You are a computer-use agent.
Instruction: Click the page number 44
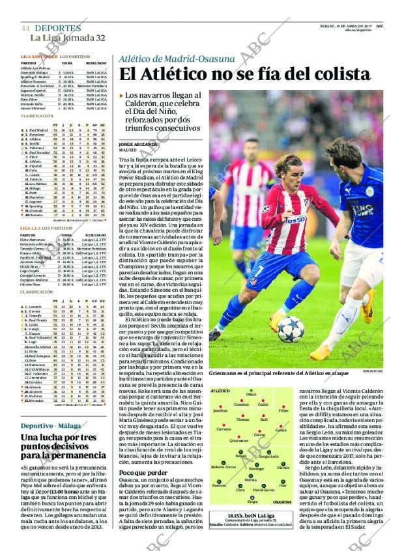click(25, 29)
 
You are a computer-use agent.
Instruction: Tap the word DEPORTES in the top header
click(58, 29)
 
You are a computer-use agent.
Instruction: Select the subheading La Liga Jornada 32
click(67, 38)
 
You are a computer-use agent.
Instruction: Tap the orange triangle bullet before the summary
click(121, 96)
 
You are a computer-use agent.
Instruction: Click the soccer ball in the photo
click(291, 329)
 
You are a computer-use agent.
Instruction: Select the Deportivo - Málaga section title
click(48, 425)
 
